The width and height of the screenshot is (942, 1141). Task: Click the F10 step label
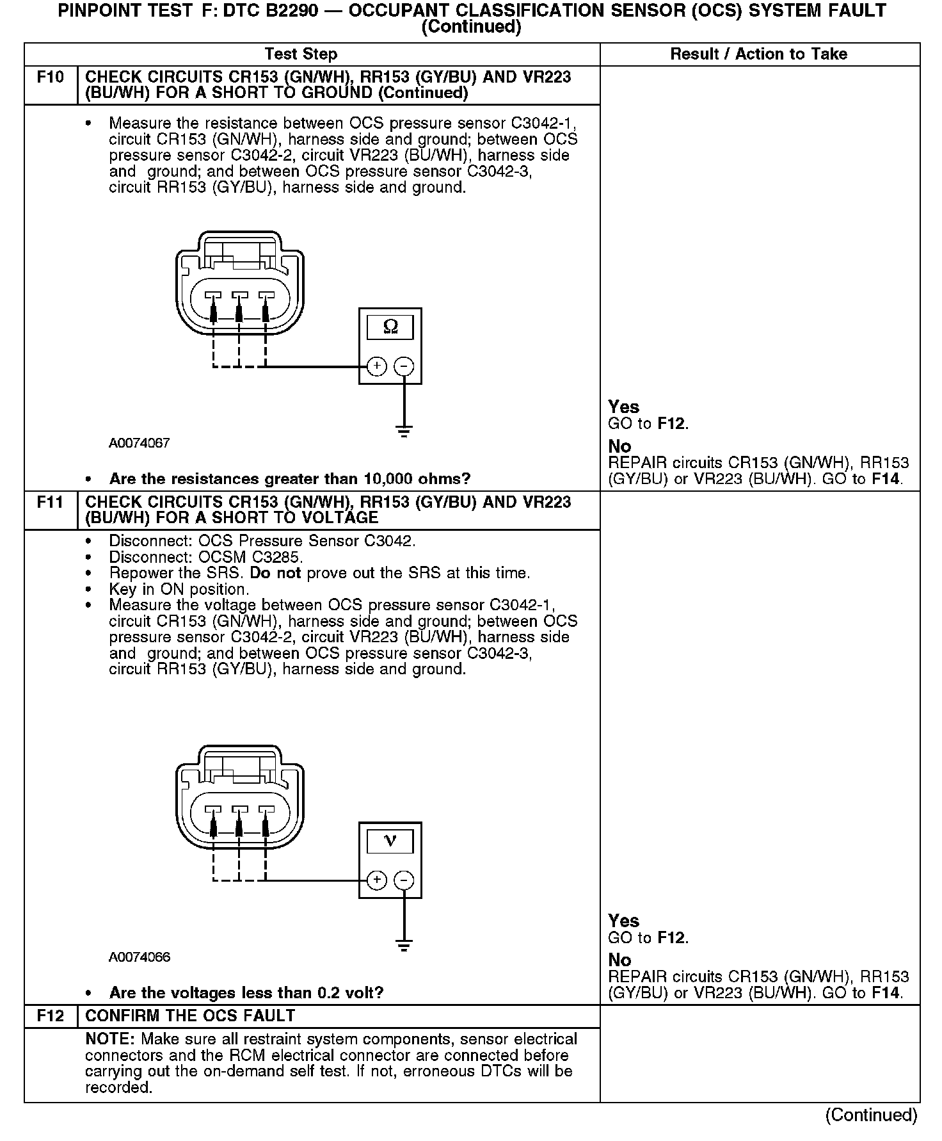[x=51, y=77]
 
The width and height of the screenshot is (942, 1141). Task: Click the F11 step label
[x=51, y=502]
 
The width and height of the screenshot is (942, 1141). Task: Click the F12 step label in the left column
[x=51, y=1016]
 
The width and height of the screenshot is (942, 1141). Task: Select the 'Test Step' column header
[x=301, y=54]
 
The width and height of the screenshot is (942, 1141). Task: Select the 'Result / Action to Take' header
[x=758, y=54]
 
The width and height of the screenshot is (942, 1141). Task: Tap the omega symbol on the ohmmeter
[x=390, y=327]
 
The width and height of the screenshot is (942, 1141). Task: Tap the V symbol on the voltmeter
[x=390, y=840]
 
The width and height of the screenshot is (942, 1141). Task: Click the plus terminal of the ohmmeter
[x=377, y=366]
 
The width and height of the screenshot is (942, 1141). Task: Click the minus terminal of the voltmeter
[x=404, y=880]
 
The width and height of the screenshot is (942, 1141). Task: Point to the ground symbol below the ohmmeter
[x=404, y=431]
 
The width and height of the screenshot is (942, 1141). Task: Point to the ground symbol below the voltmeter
[x=404, y=945]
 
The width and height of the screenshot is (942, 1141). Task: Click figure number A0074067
[x=139, y=442]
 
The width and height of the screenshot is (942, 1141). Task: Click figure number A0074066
[x=139, y=957]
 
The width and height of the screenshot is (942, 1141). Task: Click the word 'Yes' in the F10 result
[x=623, y=407]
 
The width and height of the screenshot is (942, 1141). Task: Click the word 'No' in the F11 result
[x=619, y=960]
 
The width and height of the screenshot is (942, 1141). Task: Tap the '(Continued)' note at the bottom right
[x=871, y=1115]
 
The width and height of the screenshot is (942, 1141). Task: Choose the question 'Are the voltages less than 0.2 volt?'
[x=246, y=992]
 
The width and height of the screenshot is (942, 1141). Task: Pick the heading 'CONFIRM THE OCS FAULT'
[x=190, y=1016]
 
